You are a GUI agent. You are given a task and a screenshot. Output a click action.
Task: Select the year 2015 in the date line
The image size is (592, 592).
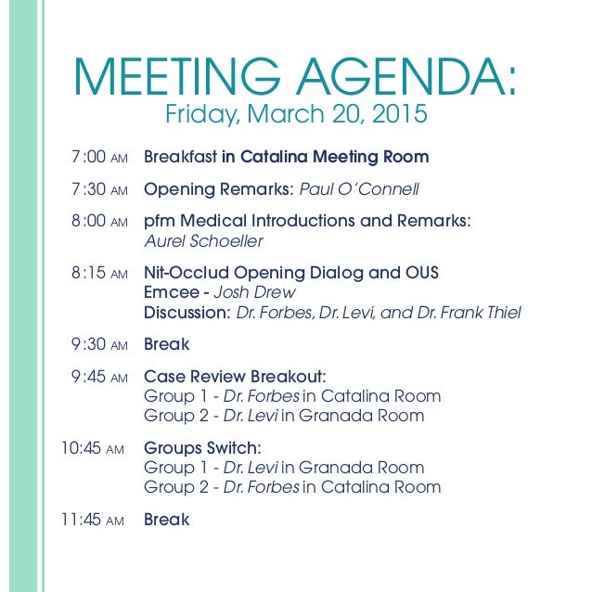pyautogui.click(x=401, y=115)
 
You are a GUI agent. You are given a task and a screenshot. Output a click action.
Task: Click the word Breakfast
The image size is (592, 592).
pyautogui.click(x=180, y=158)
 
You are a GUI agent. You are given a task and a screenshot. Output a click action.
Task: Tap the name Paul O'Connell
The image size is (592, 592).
pyautogui.click(x=359, y=190)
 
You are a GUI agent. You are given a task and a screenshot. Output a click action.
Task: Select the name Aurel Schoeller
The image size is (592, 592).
pyautogui.click(x=203, y=242)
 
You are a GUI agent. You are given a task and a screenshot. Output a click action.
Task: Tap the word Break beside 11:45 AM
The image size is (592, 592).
pyautogui.click(x=166, y=520)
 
